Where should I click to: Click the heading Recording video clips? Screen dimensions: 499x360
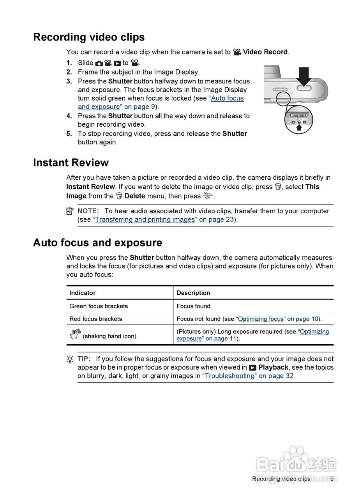coord(89,37)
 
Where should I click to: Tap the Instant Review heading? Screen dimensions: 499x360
coord(71,163)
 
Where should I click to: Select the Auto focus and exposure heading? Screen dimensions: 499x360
coord(97,243)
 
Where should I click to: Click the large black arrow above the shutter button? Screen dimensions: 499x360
coord(304,76)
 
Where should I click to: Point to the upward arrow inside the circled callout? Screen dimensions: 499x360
coord(299,127)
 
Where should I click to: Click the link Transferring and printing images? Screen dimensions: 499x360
coord(145,219)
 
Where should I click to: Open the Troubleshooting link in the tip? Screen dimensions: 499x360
coord(230,376)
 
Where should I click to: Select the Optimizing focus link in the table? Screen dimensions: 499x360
coord(261,319)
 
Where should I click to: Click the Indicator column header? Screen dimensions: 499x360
coord(82,293)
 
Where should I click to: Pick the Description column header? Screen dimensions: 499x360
coord(193,293)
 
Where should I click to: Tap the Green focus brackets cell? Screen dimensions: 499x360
coord(99,306)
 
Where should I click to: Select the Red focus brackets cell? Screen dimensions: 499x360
coord(96,319)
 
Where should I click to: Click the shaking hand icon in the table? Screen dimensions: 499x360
coord(74,334)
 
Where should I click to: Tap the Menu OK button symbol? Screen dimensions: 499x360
coord(208,195)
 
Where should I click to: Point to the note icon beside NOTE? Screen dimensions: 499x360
coord(70,211)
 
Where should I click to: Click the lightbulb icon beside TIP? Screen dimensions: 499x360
coord(70,359)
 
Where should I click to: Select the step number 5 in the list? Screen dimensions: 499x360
coord(69,134)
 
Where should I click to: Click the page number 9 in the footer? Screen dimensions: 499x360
coord(332,479)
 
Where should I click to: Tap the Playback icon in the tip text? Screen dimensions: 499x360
coord(253,368)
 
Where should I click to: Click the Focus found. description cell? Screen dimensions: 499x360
coord(194,306)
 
